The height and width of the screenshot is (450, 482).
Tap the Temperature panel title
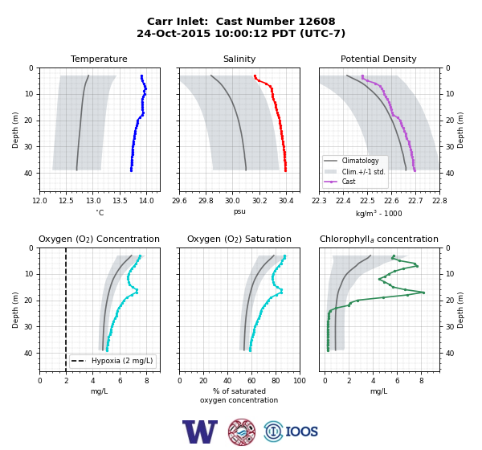pyautogui.click(x=99, y=59)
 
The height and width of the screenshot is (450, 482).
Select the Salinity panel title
pyautogui.click(x=239, y=59)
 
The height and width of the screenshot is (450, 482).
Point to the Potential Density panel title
pyautogui.click(x=378, y=59)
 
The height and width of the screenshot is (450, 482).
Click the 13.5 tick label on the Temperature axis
pyautogui.click(x=120, y=201)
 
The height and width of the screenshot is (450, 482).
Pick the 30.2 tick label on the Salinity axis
pyautogui.click(x=259, y=201)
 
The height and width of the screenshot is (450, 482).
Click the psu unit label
pyautogui.click(x=239, y=212)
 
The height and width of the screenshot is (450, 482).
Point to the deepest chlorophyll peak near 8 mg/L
pyautogui.click(x=423, y=292)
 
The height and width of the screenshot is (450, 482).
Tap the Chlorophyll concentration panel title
pyautogui.click(x=379, y=239)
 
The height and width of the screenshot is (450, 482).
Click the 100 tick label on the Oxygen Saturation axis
pyautogui.click(x=300, y=381)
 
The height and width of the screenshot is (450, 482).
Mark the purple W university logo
pyautogui.click(x=200, y=432)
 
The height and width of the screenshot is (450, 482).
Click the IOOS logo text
pyautogui.click(x=301, y=432)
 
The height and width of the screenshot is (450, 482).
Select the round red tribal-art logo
pyautogui.click(x=242, y=432)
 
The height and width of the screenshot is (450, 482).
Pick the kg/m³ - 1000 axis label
pyautogui.click(x=378, y=214)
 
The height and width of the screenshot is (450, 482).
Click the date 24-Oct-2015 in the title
pyautogui.click(x=174, y=33)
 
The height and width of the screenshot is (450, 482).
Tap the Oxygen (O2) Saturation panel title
pyautogui.click(x=239, y=239)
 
